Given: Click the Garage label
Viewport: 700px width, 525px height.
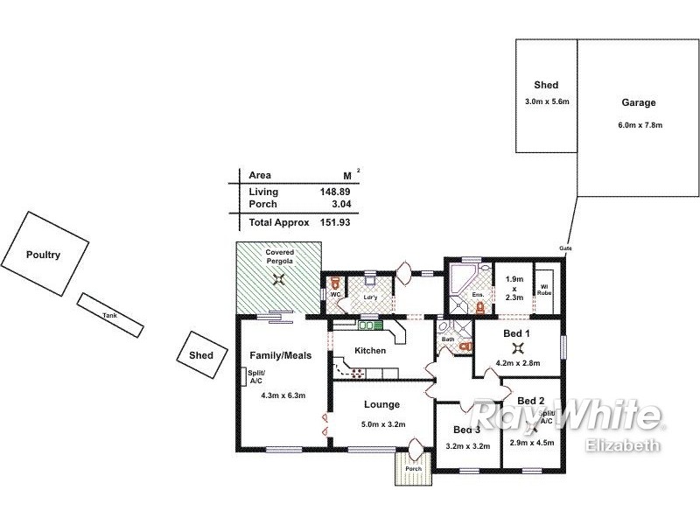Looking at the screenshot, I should [x=639, y=102].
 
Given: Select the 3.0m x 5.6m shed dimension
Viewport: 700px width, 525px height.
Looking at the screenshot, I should [x=547, y=102].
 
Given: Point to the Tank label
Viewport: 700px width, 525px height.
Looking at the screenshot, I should [x=109, y=315].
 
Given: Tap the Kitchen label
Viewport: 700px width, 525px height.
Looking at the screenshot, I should [x=370, y=351].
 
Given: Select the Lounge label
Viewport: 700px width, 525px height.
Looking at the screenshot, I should [x=383, y=404].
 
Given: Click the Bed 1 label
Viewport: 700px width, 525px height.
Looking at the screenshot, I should [x=518, y=334].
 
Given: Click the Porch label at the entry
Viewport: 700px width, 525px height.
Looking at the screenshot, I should [x=413, y=468].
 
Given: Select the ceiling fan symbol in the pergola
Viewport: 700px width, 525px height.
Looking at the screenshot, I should [x=279, y=280].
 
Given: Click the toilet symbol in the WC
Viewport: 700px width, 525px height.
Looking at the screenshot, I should [x=335, y=283].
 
